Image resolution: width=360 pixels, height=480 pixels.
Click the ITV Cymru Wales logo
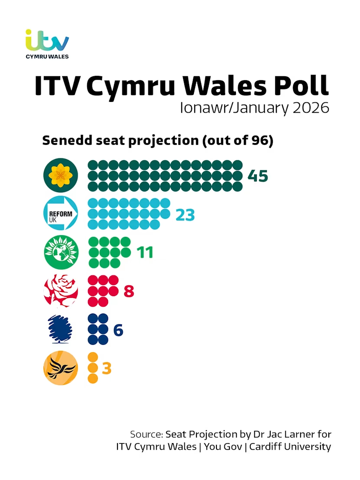47,44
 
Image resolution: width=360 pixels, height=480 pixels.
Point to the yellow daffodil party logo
61,176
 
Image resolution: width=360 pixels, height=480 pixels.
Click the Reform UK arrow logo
61,213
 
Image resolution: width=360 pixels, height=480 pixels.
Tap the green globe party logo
61,252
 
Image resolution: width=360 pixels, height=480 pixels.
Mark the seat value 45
258,176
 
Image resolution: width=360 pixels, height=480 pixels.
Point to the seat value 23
185,214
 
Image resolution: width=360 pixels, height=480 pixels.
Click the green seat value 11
145,252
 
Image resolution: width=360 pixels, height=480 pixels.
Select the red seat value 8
129,291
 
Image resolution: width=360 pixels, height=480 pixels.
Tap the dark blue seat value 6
118,330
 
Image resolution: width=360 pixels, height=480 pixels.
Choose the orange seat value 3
107,369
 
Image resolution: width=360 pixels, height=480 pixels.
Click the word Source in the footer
146,434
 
